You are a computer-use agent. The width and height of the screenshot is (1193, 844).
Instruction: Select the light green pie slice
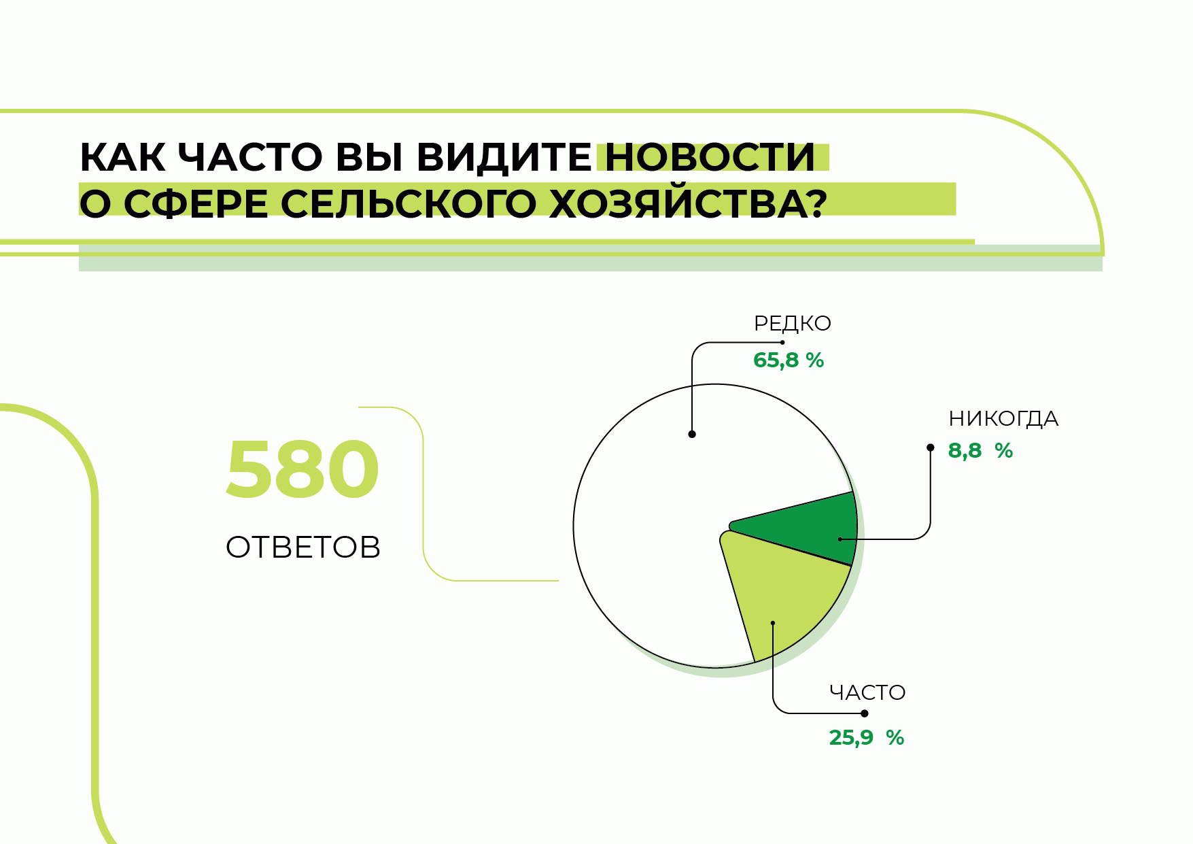[782, 592]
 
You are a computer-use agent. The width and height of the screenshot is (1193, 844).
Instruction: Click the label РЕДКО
[793, 324]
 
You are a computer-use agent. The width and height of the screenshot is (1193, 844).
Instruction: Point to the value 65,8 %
[789, 360]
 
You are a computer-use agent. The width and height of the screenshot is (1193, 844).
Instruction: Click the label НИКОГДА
[1003, 418]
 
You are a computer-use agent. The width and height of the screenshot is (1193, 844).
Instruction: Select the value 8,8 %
[980, 450]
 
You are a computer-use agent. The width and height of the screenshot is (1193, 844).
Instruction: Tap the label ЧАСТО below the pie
[867, 693]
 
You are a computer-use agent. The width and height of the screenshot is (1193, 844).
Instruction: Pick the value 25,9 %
[867, 738]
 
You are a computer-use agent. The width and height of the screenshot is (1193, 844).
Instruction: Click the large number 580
[302, 470]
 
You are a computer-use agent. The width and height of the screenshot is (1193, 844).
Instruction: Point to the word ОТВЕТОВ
[303, 547]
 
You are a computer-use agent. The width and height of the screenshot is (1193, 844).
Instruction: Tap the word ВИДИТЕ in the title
[504, 158]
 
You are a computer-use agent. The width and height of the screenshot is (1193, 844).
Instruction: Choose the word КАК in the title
[122, 158]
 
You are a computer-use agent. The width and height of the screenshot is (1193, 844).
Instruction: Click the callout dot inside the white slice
[692, 434]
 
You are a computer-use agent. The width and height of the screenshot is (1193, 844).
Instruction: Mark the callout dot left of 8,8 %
[931, 448]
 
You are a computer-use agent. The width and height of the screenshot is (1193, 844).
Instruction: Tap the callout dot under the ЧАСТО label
[865, 713]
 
